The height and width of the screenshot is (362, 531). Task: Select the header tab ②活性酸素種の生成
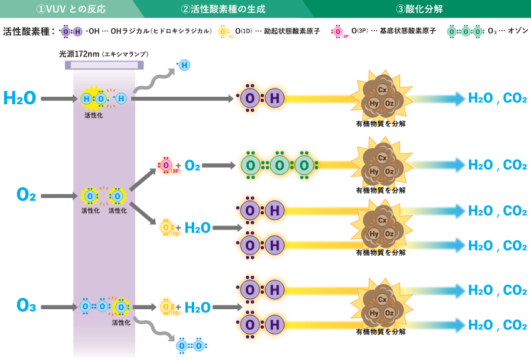point(223,9)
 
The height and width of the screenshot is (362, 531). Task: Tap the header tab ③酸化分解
point(419,9)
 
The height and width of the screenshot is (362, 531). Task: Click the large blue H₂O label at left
point(19,98)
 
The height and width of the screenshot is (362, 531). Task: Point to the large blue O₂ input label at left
point(26,195)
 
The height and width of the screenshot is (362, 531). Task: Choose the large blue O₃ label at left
point(26,306)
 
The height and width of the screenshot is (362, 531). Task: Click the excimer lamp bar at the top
point(104,65)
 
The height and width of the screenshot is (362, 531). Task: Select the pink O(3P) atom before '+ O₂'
point(166,165)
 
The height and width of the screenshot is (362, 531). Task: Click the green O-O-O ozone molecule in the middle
point(276,166)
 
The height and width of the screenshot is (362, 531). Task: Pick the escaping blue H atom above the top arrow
point(184,65)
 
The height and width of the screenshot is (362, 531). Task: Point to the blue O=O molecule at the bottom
point(190,346)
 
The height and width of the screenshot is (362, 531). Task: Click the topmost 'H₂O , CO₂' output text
point(498,99)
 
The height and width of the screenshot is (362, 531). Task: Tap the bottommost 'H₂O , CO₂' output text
point(498,326)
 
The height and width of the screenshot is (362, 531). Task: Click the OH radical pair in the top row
point(261,99)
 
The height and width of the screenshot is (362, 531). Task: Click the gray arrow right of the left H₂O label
point(58,99)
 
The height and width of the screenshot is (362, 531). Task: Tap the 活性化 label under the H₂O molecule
point(94,115)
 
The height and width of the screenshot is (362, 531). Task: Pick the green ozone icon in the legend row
point(465,31)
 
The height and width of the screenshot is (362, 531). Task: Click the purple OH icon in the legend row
point(71,31)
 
